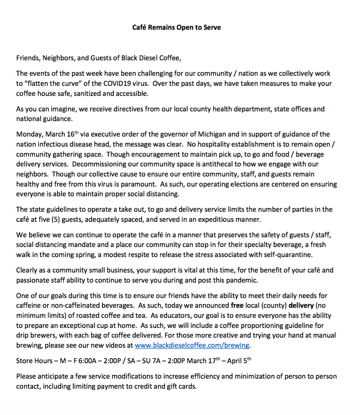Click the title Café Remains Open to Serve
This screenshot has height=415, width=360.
pos(176,27)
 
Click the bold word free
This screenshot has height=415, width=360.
pos(237,305)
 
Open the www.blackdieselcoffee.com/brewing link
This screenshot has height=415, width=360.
pos(192,346)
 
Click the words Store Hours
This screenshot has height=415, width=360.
pos(34,361)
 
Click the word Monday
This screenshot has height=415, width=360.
pos(29,134)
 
